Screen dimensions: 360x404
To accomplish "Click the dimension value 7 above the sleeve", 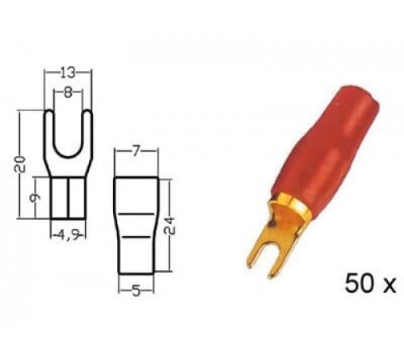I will click(x=135, y=152).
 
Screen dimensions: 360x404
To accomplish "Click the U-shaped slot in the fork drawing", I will click(x=66, y=133).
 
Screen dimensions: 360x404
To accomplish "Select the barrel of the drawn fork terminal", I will click(x=66, y=198).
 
